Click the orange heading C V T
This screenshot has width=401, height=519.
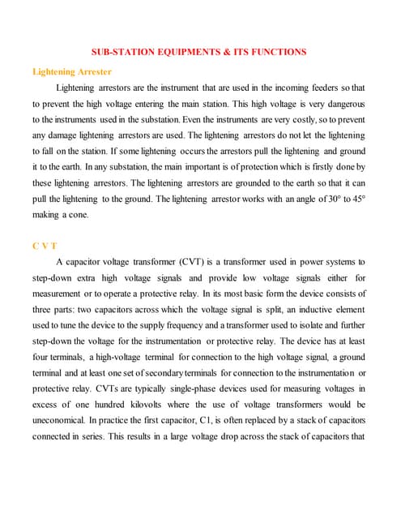[x=45, y=245]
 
